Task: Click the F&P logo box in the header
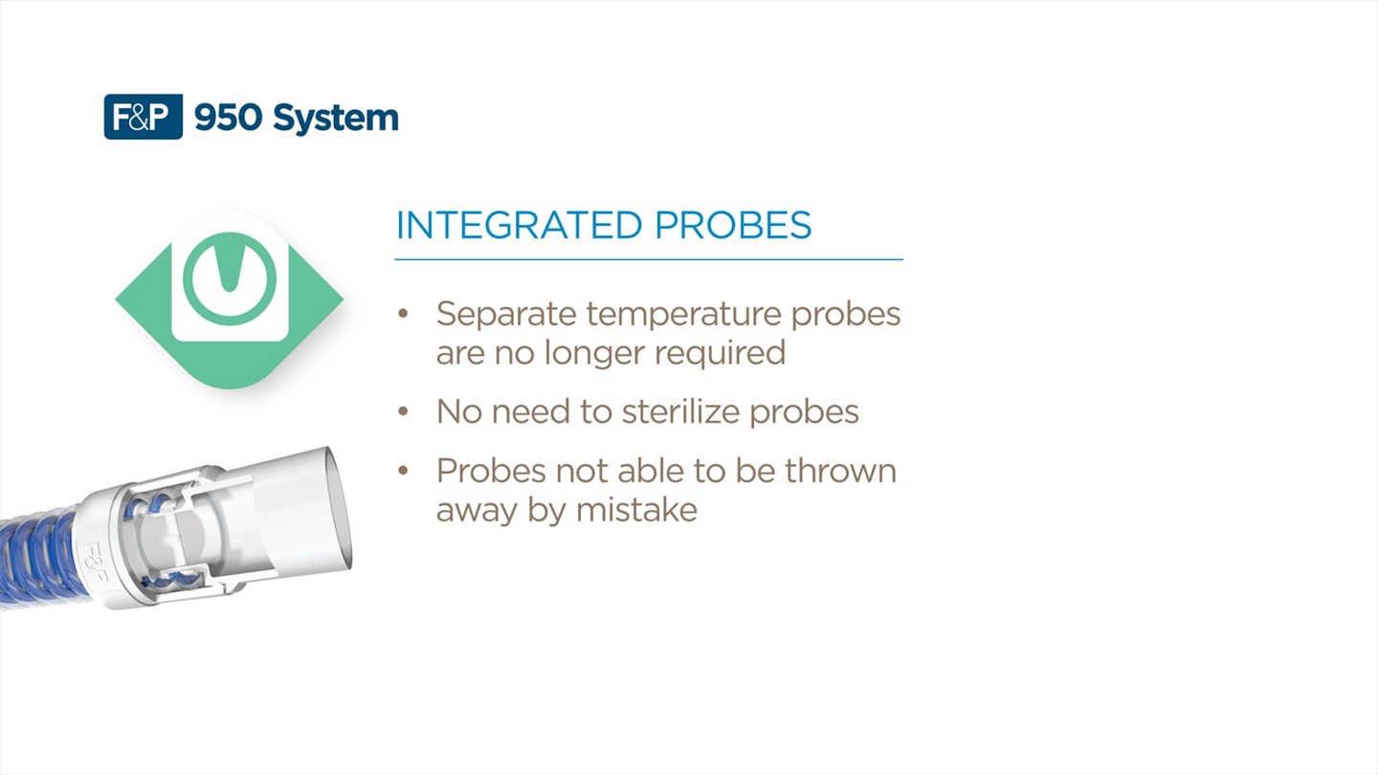tap(144, 117)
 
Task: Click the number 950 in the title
tap(228, 117)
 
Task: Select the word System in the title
tap(336, 119)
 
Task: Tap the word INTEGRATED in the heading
tap(520, 225)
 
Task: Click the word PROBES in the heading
tap(733, 225)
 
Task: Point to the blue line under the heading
tap(649, 259)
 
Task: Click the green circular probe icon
tap(230, 278)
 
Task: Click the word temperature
tap(683, 316)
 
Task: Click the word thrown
tap(840, 471)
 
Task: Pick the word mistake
tap(636, 510)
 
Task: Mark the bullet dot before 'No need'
tap(403, 410)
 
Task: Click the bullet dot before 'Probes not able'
tap(403, 471)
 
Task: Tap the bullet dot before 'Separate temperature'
tap(403, 314)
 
